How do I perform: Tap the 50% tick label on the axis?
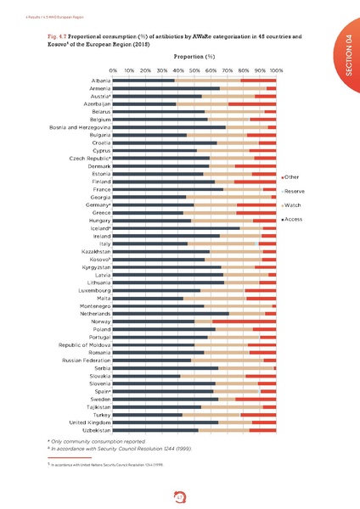coord(194,70)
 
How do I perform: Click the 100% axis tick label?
coord(276,70)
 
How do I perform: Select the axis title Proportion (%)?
coord(194,56)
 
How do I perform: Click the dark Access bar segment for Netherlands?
coord(171,314)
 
